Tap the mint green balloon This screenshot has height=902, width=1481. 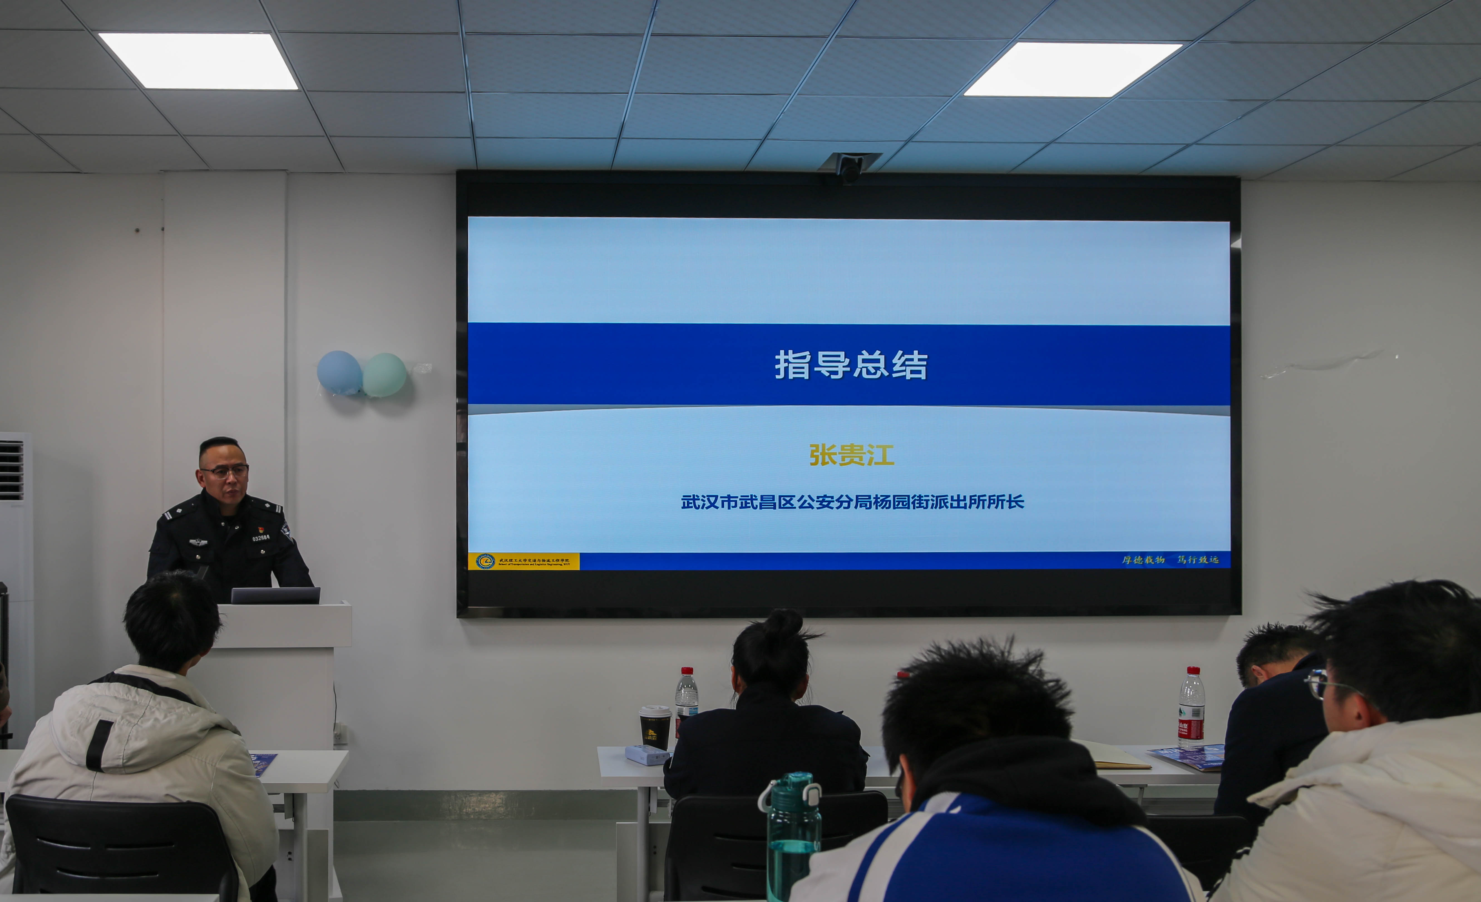(x=385, y=375)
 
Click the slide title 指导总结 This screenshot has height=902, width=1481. (x=850, y=364)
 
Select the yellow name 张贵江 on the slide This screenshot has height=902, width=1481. (x=851, y=454)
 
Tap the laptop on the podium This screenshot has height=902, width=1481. (x=276, y=595)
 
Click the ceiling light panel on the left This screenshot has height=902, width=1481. (x=198, y=61)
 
